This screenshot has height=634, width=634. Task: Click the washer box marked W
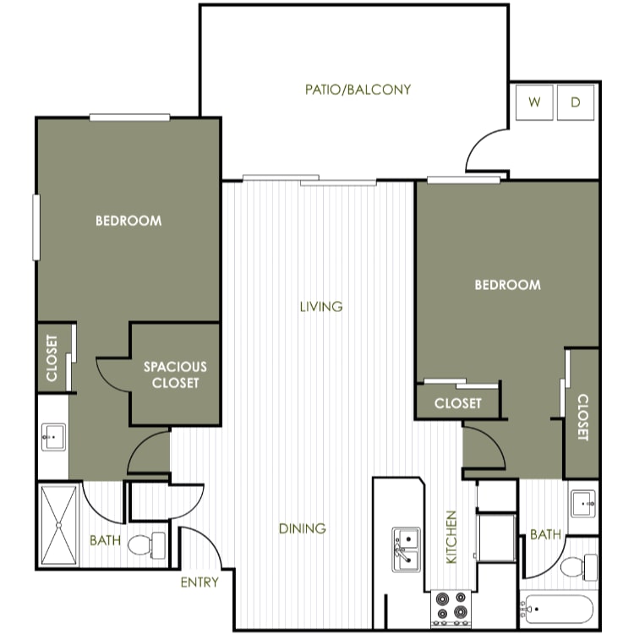coord(534,102)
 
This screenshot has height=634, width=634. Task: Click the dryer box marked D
coord(576,102)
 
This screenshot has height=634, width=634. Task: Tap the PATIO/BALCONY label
coord(358,90)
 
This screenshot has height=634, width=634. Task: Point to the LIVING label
coord(321,307)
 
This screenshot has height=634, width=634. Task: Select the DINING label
coord(303,528)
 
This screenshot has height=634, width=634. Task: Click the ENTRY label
coord(199,582)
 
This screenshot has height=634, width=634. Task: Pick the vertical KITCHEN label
coord(451,537)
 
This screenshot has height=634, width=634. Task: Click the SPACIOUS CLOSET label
coord(175,374)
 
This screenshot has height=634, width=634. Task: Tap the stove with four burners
coord(451,608)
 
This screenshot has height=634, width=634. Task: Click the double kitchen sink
coord(406,549)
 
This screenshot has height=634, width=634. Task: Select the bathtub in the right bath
coord(557,609)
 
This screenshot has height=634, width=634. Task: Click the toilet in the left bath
coord(146,545)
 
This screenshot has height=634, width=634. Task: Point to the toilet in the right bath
coord(578,567)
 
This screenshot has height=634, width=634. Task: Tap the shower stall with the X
coord(59,525)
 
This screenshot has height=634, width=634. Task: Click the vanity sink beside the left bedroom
coord(53,437)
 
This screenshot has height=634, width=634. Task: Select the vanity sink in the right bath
coord(582,504)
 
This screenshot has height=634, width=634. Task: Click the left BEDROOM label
coord(128,221)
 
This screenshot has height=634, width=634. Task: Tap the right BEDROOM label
coord(507,285)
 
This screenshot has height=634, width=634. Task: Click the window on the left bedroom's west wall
coord(36,227)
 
